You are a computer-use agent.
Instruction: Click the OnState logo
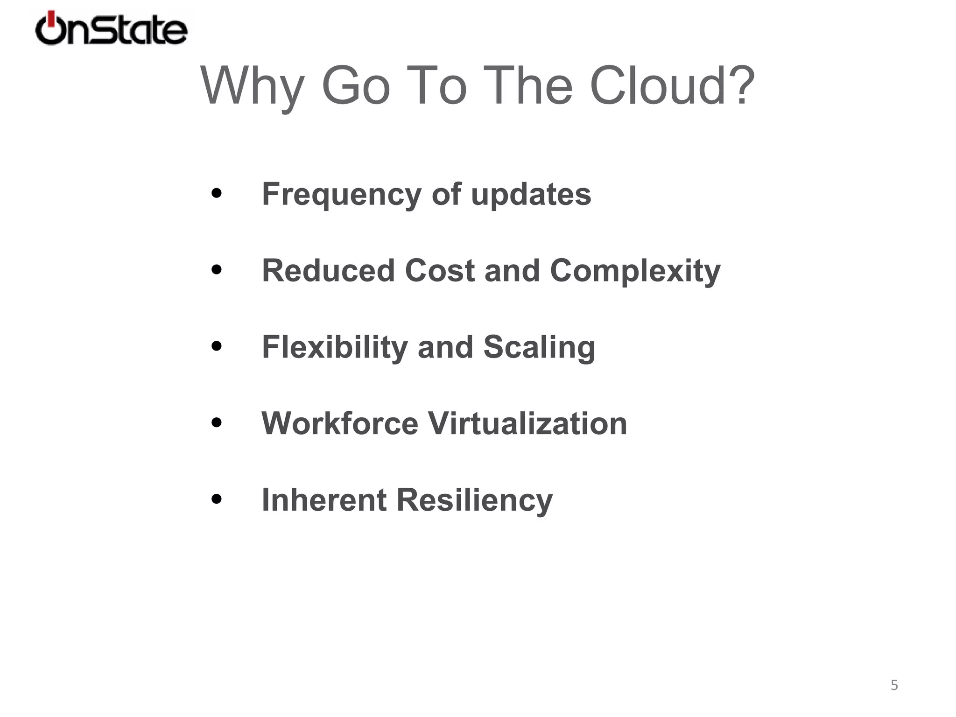coord(111,29)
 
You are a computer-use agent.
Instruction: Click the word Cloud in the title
coord(672,86)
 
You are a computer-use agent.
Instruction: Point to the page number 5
coord(894,685)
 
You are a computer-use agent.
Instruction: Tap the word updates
coord(531,195)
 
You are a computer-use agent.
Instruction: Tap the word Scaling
coord(539,348)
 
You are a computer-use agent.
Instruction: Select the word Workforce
coord(340,423)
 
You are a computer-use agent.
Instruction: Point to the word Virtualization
coord(527,423)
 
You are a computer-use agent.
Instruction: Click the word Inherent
coord(324,500)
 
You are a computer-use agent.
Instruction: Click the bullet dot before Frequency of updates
coord(216,193)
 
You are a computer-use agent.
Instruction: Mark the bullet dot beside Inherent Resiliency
coord(216,499)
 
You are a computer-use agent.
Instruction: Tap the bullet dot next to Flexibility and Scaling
coord(216,346)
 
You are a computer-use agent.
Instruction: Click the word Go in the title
coord(355,86)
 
